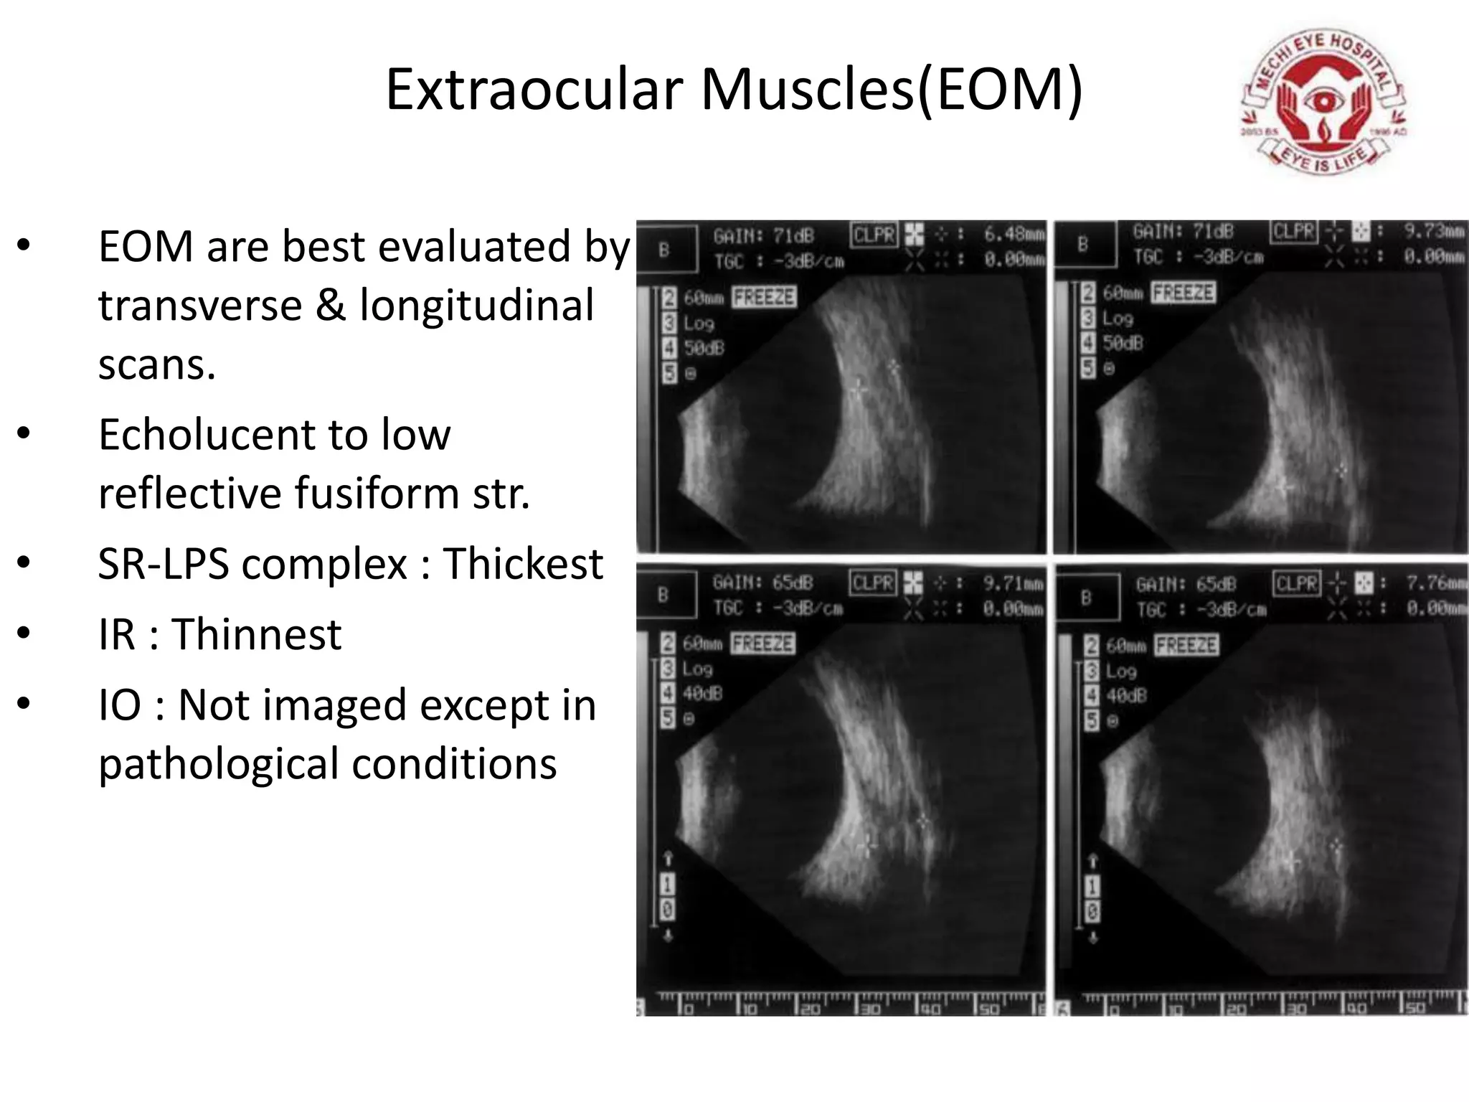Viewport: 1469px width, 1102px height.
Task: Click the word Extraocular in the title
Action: click(534, 90)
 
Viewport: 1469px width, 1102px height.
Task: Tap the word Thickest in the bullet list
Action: click(523, 564)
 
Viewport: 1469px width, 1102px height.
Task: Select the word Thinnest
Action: click(256, 634)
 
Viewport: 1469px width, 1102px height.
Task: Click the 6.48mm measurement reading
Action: click(1014, 234)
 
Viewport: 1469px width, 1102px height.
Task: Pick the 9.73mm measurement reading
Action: click(1433, 231)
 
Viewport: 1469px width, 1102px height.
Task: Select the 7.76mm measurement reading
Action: click(1435, 583)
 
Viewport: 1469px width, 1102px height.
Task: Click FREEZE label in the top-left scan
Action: click(764, 297)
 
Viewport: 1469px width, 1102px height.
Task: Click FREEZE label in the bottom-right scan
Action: click(1186, 645)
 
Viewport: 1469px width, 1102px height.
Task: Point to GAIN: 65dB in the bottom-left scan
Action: click(762, 583)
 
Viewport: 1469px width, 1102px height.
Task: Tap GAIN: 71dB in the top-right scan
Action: click(1183, 232)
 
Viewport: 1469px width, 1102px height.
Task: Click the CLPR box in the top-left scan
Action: click(874, 235)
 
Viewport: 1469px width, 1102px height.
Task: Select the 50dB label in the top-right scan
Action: click(1123, 343)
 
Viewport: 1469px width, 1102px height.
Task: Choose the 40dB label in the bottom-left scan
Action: click(702, 693)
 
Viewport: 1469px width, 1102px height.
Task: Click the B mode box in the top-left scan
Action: click(665, 250)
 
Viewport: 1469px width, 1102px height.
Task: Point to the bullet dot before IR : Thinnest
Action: click(24, 634)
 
